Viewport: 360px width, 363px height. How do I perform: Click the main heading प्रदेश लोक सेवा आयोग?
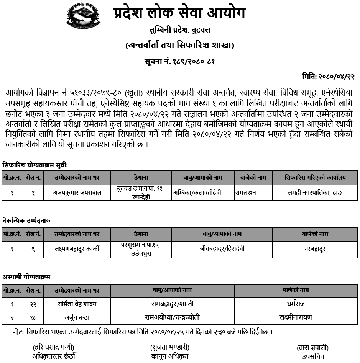179,13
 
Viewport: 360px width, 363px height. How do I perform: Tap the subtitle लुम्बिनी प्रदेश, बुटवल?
179,30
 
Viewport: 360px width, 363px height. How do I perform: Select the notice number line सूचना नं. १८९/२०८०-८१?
179,61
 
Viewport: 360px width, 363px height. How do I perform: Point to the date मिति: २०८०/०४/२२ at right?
329,77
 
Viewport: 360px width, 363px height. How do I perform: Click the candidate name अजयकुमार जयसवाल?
77,193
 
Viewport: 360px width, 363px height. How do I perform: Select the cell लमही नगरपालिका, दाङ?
315,193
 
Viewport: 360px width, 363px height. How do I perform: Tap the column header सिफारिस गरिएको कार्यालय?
315,178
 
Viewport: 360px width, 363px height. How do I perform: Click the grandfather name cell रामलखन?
246,193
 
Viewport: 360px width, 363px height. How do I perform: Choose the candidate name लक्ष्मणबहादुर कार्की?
77,249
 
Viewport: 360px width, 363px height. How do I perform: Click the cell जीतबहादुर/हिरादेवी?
222,249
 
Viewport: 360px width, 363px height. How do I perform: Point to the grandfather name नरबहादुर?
315,249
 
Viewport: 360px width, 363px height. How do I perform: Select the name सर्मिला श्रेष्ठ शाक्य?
77,304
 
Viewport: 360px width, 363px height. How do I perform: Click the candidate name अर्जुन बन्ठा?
77,317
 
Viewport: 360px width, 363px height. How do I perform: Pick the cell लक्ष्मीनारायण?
296,317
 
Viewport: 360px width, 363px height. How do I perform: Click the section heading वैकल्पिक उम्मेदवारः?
26,221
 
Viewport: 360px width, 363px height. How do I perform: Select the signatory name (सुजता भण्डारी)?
169,348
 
